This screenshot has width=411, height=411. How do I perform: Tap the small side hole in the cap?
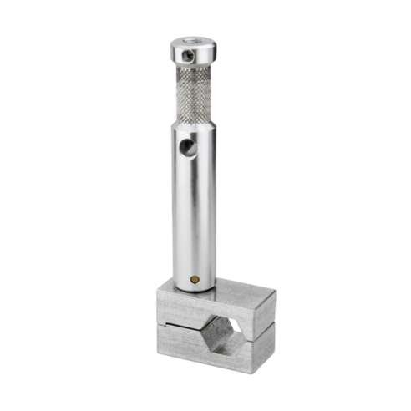pyautogui.click(x=190, y=55)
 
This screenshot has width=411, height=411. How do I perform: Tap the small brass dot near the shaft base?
pyautogui.click(x=195, y=279)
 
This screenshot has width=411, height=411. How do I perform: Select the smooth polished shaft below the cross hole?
pyautogui.click(x=194, y=217)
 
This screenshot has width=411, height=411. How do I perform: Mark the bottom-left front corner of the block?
pyautogui.click(x=159, y=352)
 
